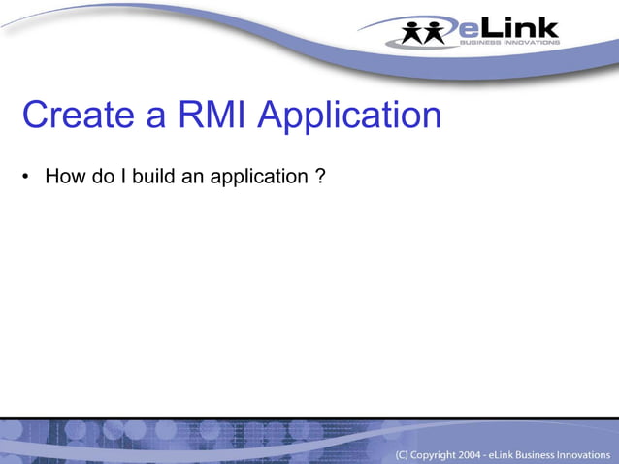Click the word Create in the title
pyautogui.click(x=78, y=116)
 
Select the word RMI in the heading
pyautogui.click(x=220, y=116)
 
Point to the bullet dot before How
pyautogui.click(x=28, y=179)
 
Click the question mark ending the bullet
pyautogui.click(x=320, y=178)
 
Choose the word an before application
pyautogui.click(x=194, y=178)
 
